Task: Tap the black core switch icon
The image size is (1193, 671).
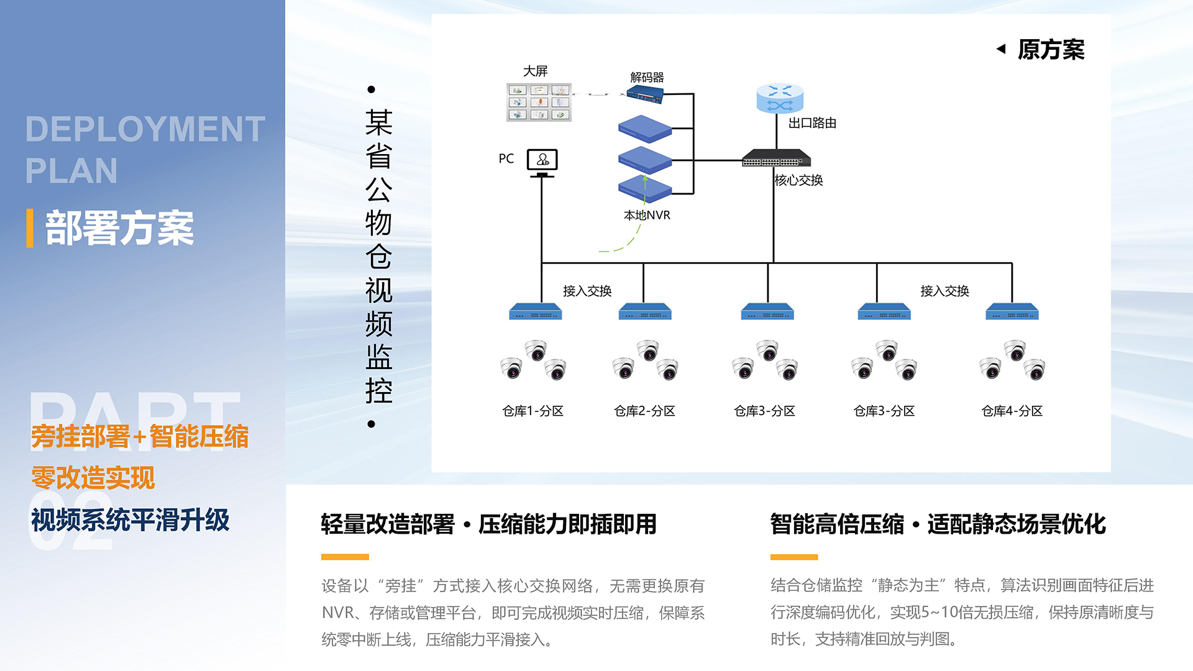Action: coord(776,158)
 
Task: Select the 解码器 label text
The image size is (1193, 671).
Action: coord(647,78)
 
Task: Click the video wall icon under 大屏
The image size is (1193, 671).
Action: coord(539,103)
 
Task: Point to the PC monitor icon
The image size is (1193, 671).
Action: coord(542,161)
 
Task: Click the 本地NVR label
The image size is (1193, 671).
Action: coord(647,215)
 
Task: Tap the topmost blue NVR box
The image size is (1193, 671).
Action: coord(645,129)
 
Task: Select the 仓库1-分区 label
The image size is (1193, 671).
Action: coord(533,411)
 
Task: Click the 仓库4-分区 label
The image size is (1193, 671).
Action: coord(1012,411)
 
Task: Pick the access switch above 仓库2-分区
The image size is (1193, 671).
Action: coord(645,311)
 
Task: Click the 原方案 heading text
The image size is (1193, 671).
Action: coord(1051,50)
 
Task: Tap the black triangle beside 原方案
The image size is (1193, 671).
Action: coord(1001,48)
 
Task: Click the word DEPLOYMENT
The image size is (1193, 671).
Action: coord(145,129)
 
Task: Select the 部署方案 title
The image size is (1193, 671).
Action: coord(119,228)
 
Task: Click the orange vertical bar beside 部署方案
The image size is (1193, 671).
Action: coord(30,228)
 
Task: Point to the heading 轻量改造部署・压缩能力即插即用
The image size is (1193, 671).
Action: coord(488,524)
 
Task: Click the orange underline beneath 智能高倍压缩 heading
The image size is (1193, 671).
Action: coord(793,557)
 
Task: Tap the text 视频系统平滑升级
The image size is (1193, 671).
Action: coord(130,519)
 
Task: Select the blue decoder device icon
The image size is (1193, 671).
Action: coord(645,95)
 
